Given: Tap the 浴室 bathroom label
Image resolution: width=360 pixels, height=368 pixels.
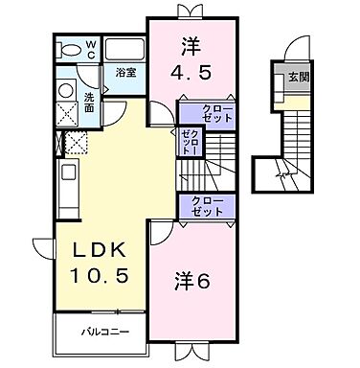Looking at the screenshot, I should [124, 73].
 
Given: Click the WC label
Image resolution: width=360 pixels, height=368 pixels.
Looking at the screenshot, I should [90, 47].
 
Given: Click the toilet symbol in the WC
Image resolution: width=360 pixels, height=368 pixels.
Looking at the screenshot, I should [67, 49].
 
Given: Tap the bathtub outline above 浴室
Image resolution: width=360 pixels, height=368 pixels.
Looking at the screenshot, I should [122, 50].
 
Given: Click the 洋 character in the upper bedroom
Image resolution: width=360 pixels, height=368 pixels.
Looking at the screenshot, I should [190, 44].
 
